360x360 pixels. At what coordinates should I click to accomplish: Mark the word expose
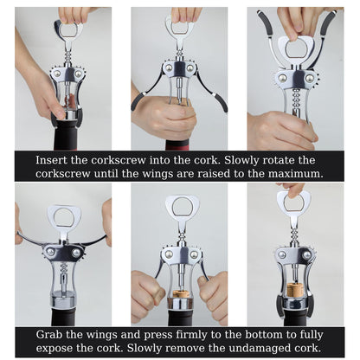click(x=53, y=349)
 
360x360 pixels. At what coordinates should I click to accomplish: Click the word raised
click(x=217, y=174)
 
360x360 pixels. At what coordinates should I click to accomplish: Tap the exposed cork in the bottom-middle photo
click(x=179, y=294)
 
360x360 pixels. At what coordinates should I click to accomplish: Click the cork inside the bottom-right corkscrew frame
click(x=294, y=290)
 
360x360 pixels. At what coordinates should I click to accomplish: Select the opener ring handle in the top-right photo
click(x=296, y=49)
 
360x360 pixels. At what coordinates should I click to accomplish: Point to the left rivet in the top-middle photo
click(x=169, y=68)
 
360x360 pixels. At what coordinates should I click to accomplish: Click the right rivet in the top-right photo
click(x=310, y=78)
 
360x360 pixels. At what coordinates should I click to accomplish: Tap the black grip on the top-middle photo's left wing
click(x=138, y=100)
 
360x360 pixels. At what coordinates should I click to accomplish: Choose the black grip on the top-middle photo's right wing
click(x=221, y=101)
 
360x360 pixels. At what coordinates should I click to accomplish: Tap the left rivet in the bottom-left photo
click(x=51, y=252)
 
